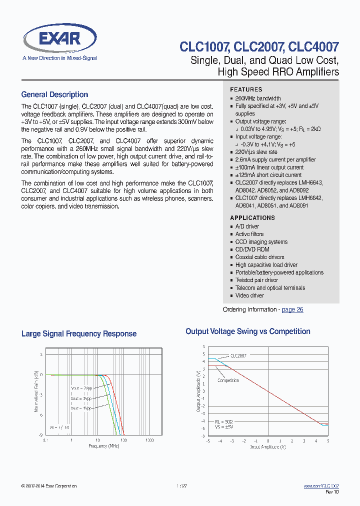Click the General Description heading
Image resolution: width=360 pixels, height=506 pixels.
(x=54, y=94)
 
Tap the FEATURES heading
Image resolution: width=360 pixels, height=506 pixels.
(x=246, y=89)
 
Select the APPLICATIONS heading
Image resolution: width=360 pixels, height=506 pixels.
(x=252, y=218)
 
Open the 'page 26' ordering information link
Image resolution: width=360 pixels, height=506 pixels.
(x=292, y=309)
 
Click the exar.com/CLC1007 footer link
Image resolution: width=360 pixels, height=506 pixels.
(x=321, y=486)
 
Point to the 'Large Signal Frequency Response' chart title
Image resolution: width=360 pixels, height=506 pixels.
(x=79, y=333)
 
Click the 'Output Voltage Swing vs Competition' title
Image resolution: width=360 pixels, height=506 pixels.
(x=248, y=331)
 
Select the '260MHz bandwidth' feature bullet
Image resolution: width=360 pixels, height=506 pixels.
(x=258, y=98)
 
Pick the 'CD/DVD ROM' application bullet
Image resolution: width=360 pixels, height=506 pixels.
(x=252, y=249)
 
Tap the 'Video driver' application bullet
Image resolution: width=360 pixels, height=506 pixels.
(x=249, y=295)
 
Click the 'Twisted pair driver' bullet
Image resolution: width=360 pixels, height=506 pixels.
(x=256, y=280)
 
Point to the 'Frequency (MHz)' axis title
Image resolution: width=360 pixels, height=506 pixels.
(x=104, y=445)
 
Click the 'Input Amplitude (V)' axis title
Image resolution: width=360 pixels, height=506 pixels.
(x=267, y=446)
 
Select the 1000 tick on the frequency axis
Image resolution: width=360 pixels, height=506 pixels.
(x=149, y=440)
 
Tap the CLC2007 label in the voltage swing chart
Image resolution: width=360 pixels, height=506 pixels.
(x=238, y=355)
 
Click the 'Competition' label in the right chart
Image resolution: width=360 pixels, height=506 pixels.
(x=228, y=380)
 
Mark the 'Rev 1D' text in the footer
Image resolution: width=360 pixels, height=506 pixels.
(x=333, y=492)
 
